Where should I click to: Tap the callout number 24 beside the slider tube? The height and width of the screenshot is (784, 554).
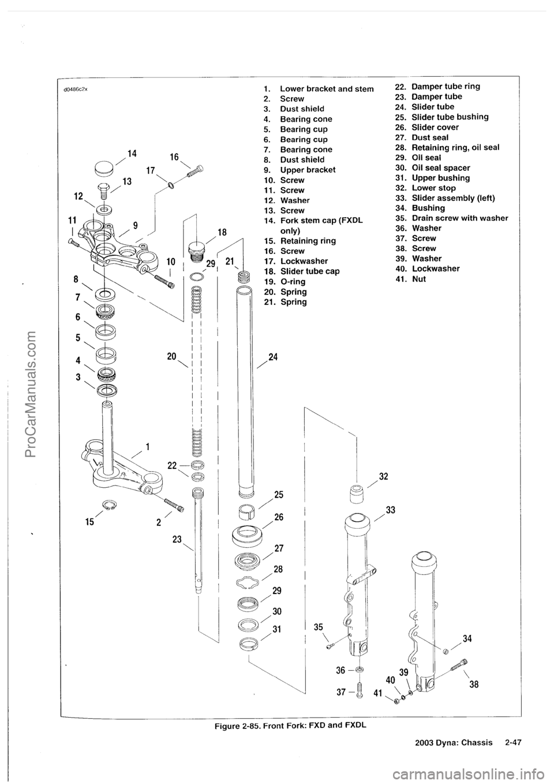273,357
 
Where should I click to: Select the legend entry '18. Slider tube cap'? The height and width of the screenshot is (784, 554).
301,271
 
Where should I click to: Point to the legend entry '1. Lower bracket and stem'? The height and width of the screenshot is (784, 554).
318,89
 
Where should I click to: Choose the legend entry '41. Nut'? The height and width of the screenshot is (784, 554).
420,279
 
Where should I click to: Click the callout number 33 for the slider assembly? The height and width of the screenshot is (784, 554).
391,510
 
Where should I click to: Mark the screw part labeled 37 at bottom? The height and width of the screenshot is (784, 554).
359,689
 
